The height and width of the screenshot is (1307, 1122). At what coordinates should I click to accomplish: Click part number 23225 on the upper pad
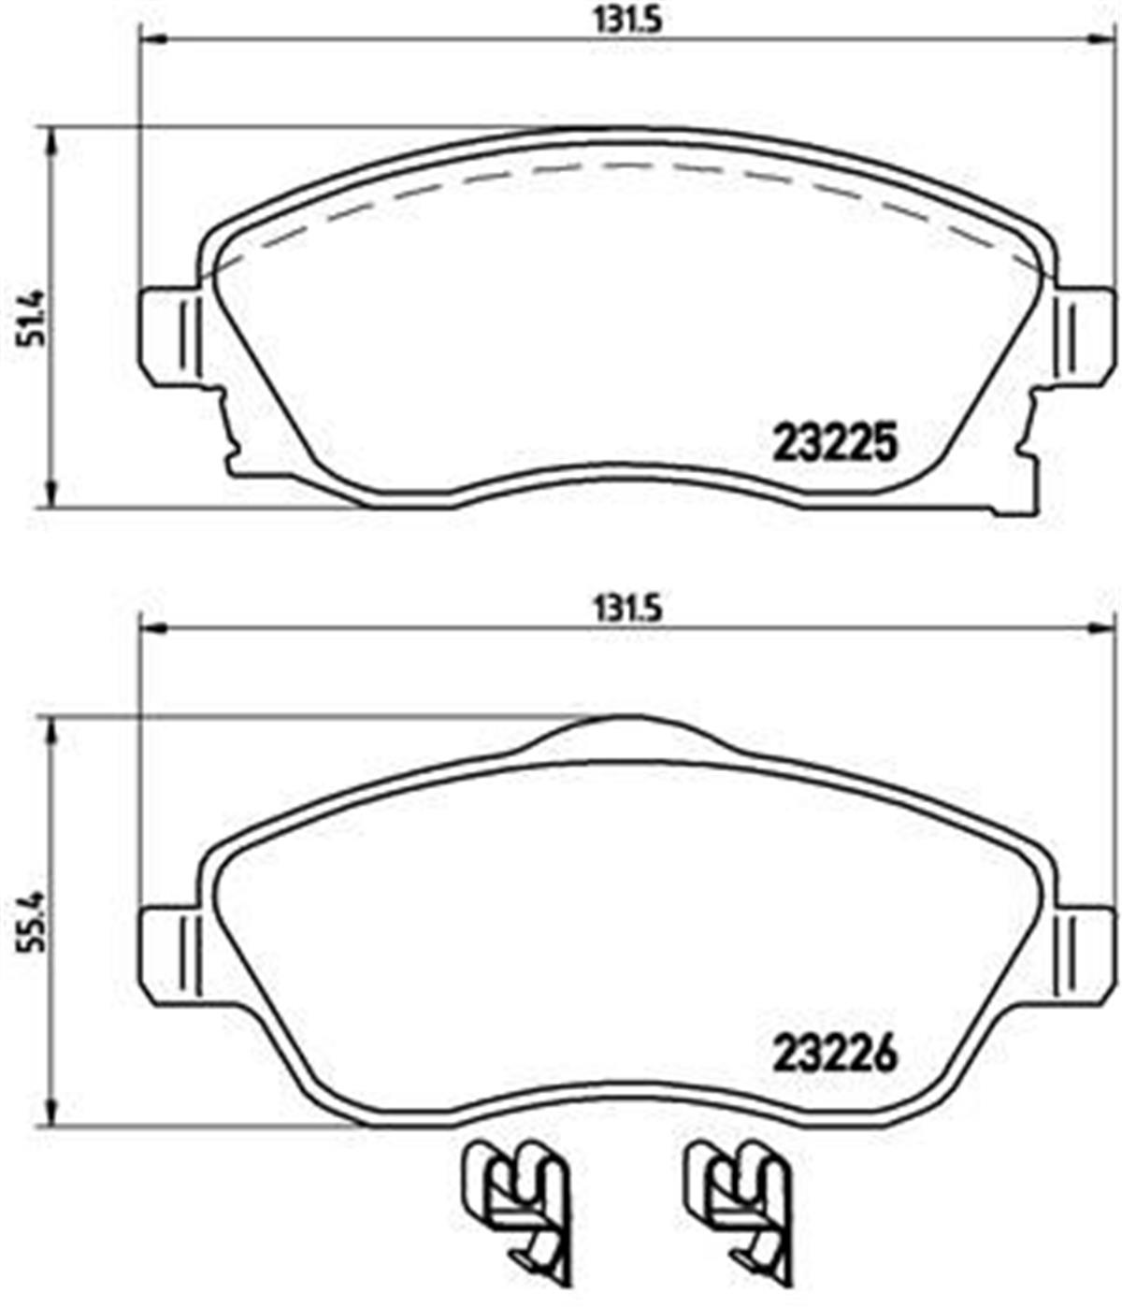pyautogui.click(x=835, y=443)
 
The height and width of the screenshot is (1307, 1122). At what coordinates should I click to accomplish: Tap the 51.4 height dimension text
pyautogui.click(x=29, y=318)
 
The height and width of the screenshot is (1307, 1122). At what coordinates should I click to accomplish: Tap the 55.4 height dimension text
pyautogui.click(x=29, y=921)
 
